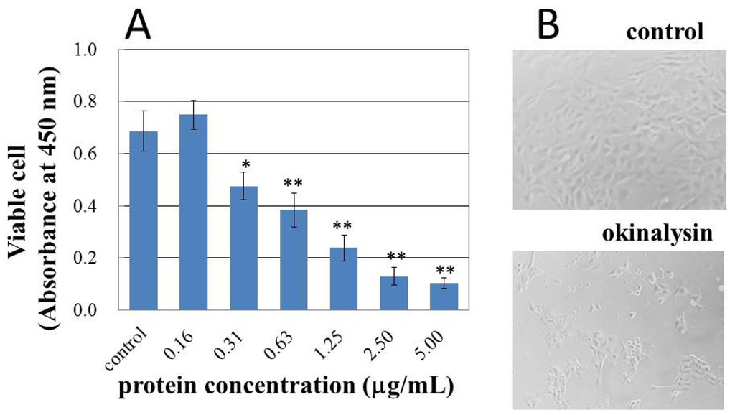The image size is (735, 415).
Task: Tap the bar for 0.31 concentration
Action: coord(243,248)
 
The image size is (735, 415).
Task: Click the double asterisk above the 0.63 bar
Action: coord(293,184)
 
